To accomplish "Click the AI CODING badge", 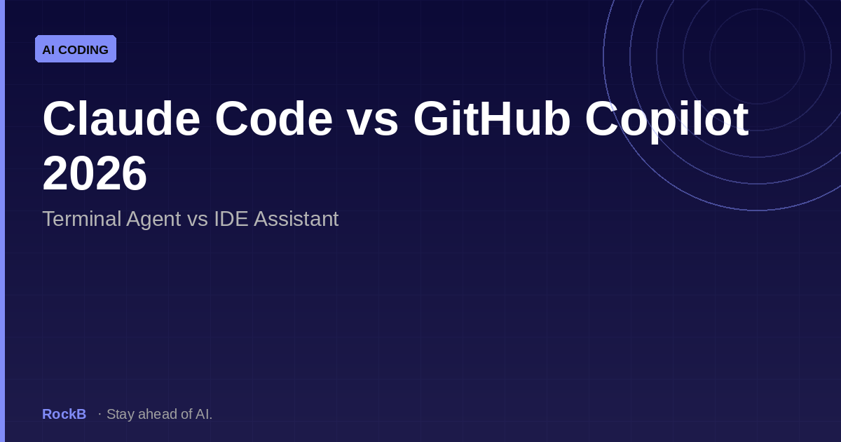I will [76, 49].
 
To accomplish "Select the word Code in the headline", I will [273, 119].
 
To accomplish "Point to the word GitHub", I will [491, 119].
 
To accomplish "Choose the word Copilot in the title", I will [666, 119].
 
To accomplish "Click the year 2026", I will [95, 173].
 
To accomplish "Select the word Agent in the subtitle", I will [153, 219].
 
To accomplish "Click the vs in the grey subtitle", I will [197, 219].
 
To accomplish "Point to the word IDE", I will [231, 219].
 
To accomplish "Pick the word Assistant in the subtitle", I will [296, 219].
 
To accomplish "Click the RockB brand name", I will [64, 414].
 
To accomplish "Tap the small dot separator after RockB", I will [100, 414].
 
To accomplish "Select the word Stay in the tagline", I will [120, 414].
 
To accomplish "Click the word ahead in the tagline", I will [158, 414].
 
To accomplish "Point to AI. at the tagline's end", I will [204, 414].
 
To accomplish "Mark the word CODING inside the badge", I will [84, 50].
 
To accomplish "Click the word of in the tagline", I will [186, 414].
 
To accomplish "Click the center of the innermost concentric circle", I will [757, 56].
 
